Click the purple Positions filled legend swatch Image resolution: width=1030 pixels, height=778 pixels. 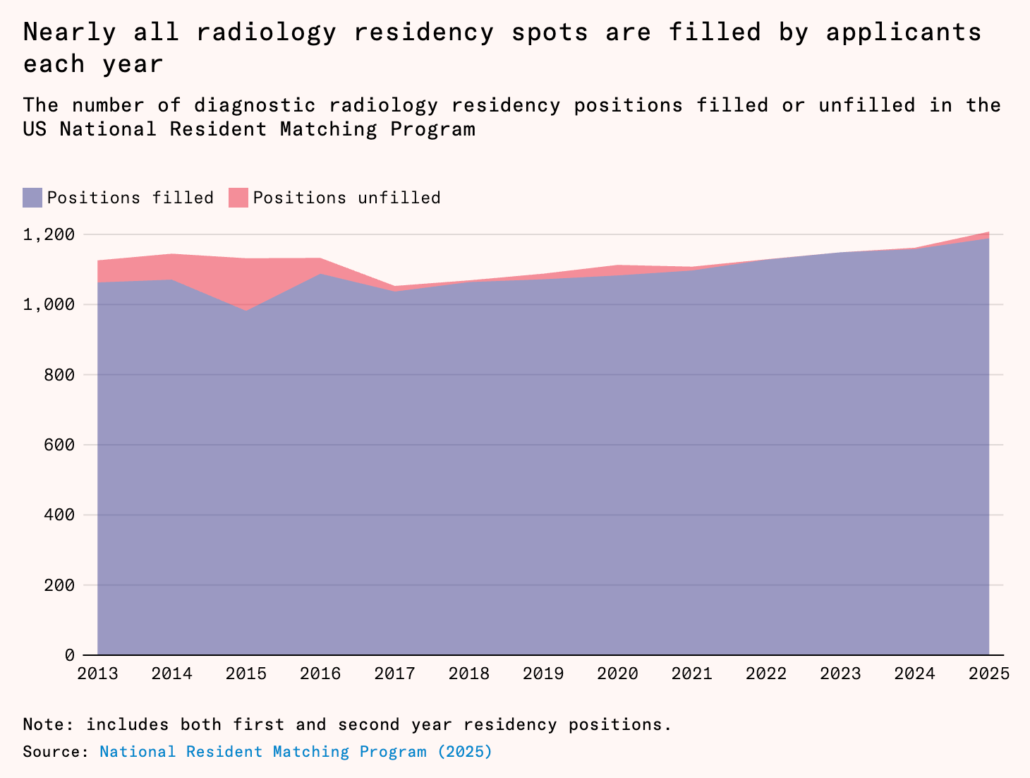pyautogui.click(x=32, y=198)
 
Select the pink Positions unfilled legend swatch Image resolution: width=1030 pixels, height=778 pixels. pyautogui.click(x=238, y=198)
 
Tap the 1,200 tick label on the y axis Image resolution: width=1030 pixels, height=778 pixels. pyautogui.click(x=49, y=234)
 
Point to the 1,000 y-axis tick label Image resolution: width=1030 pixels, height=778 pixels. pyautogui.click(x=49, y=304)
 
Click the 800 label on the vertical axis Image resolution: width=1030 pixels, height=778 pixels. pyautogui.click(x=59, y=375)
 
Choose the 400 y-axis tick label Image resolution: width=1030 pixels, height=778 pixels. pyautogui.click(x=59, y=515)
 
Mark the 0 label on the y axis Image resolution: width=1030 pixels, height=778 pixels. pyautogui.click(x=69, y=654)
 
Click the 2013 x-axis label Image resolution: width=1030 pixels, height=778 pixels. pyautogui.click(x=97, y=674)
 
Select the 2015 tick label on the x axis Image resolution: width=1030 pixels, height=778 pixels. pyautogui.click(x=246, y=674)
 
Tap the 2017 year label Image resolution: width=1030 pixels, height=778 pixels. pyautogui.click(x=394, y=674)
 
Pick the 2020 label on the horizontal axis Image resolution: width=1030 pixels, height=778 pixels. pyautogui.click(x=617, y=674)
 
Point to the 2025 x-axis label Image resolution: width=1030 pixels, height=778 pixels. pyautogui.click(x=989, y=674)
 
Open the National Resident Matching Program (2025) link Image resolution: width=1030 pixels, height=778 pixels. pyautogui.click(x=296, y=752)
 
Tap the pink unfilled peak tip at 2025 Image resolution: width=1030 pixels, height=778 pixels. pyautogui.click(x=988, y=232)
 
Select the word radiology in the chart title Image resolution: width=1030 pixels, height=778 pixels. pyautogui.click(x=266, y=32)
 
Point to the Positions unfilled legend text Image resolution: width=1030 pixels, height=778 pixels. pyautogui.click(x=347, y=198)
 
